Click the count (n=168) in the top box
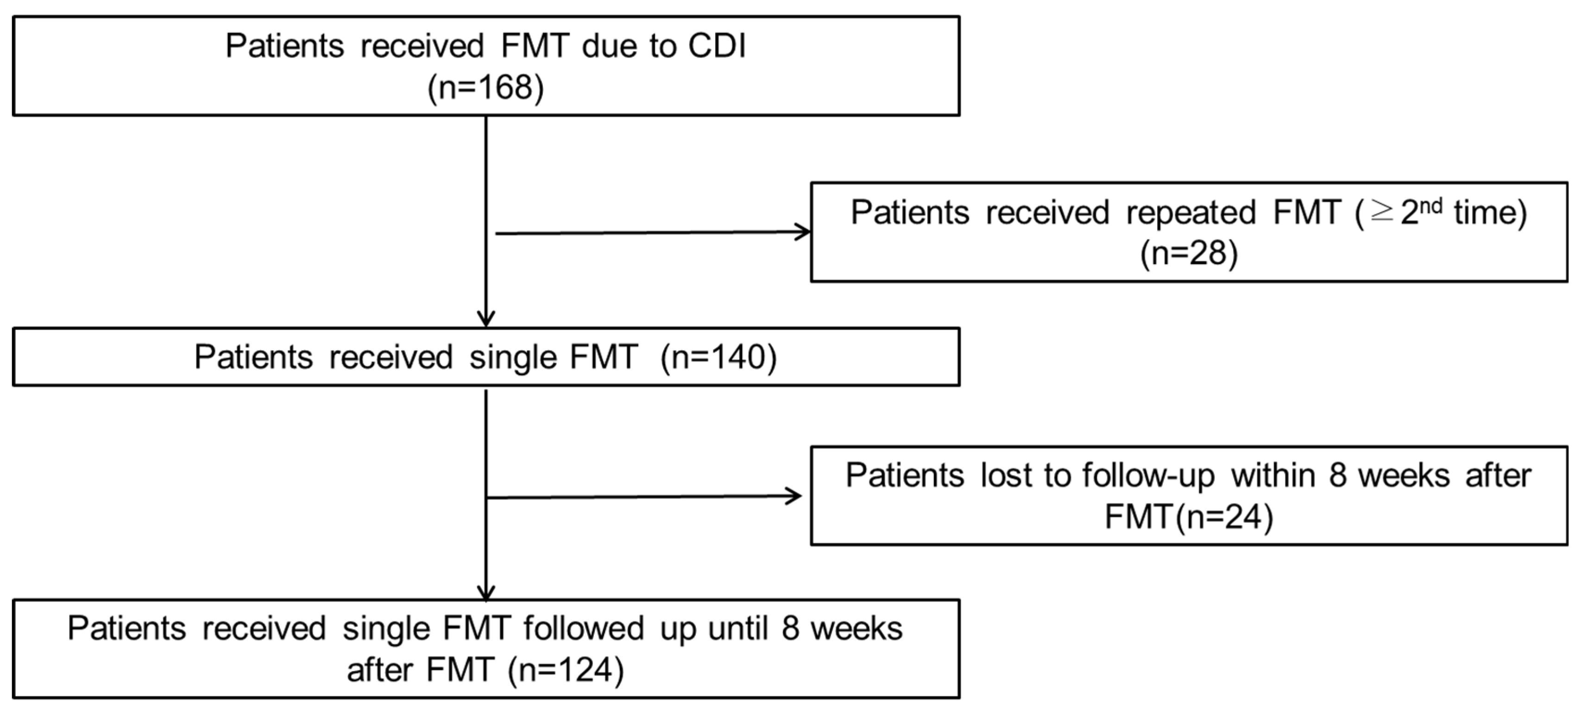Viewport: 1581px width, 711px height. click(x=485, y=88)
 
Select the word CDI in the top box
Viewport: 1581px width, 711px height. click(x=717, y=46)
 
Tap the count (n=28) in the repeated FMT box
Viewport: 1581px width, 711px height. click(x=1189, y=253)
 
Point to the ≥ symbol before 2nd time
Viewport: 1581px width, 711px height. click(x=1381, y=213)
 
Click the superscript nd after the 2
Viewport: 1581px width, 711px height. click(x=1431, y=206)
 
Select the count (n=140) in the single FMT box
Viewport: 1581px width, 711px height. click(x=718, y=357)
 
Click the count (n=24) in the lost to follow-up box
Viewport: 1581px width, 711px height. click(x=1229, y=516)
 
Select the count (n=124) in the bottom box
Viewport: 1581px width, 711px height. click(x=566, y=669)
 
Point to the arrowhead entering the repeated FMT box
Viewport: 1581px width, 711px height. click(x=803, y=232)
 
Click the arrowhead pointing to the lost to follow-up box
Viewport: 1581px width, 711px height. click(x=795, y=496)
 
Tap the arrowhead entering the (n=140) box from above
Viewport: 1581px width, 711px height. click(x=486, y=320)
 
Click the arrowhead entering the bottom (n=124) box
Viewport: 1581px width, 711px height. click(x=486, y=592)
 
